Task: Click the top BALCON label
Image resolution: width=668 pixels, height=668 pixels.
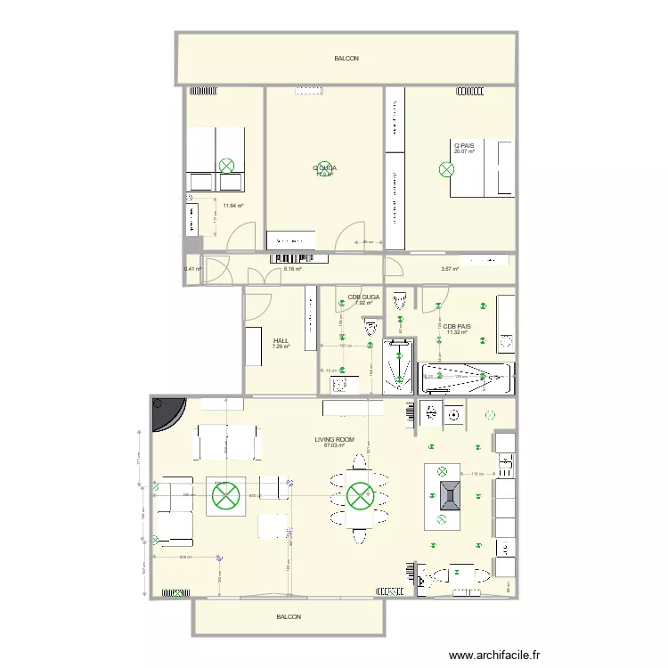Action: (346, 59)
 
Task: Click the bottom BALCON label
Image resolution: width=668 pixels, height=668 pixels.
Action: (289, 617)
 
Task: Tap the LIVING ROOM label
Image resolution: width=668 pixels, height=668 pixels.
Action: (334, 439)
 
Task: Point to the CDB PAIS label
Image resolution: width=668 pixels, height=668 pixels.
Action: (457, 327)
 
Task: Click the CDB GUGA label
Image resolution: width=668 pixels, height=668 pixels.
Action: (363, 297)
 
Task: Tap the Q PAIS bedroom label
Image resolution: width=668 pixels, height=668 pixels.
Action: (463, 145)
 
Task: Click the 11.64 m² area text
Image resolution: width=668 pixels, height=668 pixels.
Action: (233, 206)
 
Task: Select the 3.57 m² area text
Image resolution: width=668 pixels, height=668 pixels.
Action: (450, 269)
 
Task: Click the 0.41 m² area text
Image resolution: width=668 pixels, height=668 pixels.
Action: (192, 269)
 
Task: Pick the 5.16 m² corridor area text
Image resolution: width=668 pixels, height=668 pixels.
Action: (292, 269)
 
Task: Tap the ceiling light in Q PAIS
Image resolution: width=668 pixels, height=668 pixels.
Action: (445, 168)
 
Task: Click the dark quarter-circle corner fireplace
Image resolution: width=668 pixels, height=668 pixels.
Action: (166, 411)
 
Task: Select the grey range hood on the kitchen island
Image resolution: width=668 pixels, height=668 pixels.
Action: (448, 493)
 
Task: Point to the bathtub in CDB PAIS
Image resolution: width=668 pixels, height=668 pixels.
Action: (467, 379)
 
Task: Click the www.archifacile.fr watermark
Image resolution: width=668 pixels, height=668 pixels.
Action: (494, 655)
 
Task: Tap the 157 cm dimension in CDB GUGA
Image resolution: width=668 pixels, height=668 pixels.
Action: (357, 346)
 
